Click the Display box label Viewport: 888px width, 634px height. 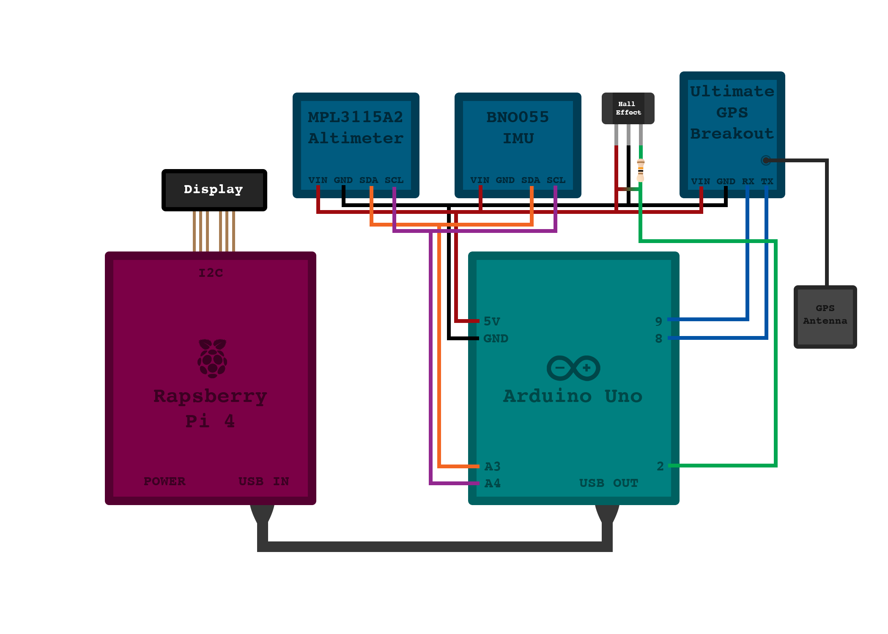tap(214, 189)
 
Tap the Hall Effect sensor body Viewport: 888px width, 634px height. tap(628, 109)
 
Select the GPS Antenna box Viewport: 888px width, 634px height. tap(825, 317)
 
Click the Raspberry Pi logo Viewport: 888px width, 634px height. tap(212, 358)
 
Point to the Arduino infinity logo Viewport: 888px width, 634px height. tap(573, 368)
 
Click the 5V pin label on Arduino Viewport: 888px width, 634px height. tap(492, 321)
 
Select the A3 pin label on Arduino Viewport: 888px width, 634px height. tap(493, 466)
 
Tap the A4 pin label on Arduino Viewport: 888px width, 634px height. tap(493, 483)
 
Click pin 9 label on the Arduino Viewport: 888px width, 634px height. tap(658, 321)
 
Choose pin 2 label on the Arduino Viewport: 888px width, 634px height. tap(660, 466)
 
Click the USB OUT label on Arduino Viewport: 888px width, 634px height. tap(608, 483)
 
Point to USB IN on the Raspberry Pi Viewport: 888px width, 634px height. tap(263, 481)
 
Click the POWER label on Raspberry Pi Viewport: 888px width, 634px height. tap(164, 481)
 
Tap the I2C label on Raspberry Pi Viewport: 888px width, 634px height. tap(211, 273)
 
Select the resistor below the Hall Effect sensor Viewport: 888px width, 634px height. tap(641, 170)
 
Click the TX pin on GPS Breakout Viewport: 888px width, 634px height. tap(767, 181)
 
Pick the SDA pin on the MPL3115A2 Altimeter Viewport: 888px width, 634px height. tap(369, 180)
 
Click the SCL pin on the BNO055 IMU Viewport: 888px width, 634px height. tap(556, 180)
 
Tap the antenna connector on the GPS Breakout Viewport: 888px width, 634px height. tap(766, 160)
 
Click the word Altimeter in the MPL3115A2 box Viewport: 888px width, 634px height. tap(356, 138)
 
